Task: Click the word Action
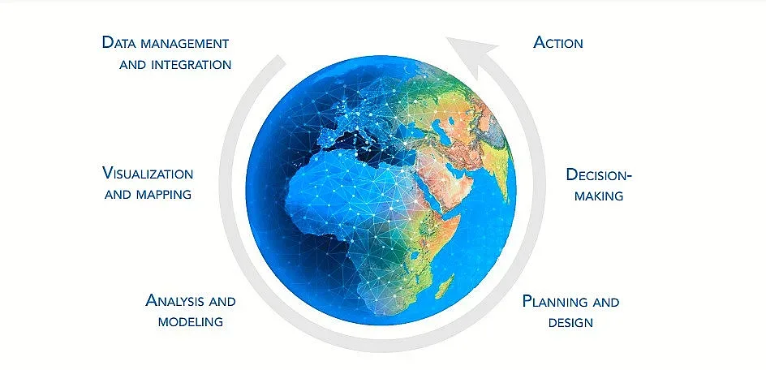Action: coord(558,42)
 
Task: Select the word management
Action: coord(185,44)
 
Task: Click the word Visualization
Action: coord(148,173)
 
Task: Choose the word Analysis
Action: coord(175,300)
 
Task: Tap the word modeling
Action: coord(191,321)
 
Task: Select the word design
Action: coord(570,323)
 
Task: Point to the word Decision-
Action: coord(599,174)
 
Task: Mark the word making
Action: coord(599,196)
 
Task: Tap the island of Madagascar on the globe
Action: coord(445,286)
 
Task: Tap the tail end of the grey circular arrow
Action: coord(281,58)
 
